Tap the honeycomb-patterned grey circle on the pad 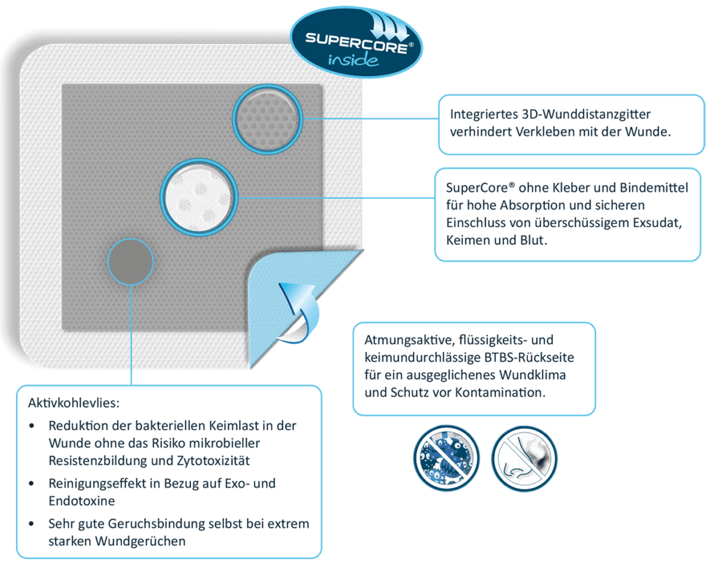click(267, 118)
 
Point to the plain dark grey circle click(130, 260)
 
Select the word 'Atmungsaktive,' click(409, 340)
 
